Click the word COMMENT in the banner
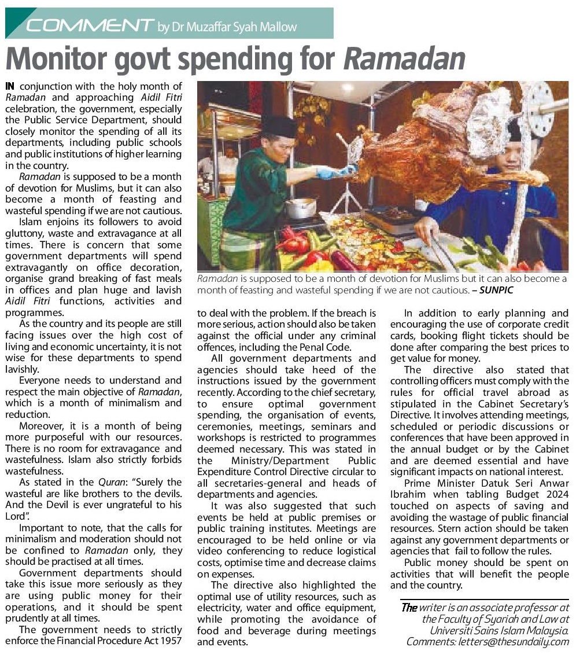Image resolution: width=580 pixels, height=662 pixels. pos(90,25)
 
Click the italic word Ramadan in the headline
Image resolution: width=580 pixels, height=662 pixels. pos(404,58)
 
